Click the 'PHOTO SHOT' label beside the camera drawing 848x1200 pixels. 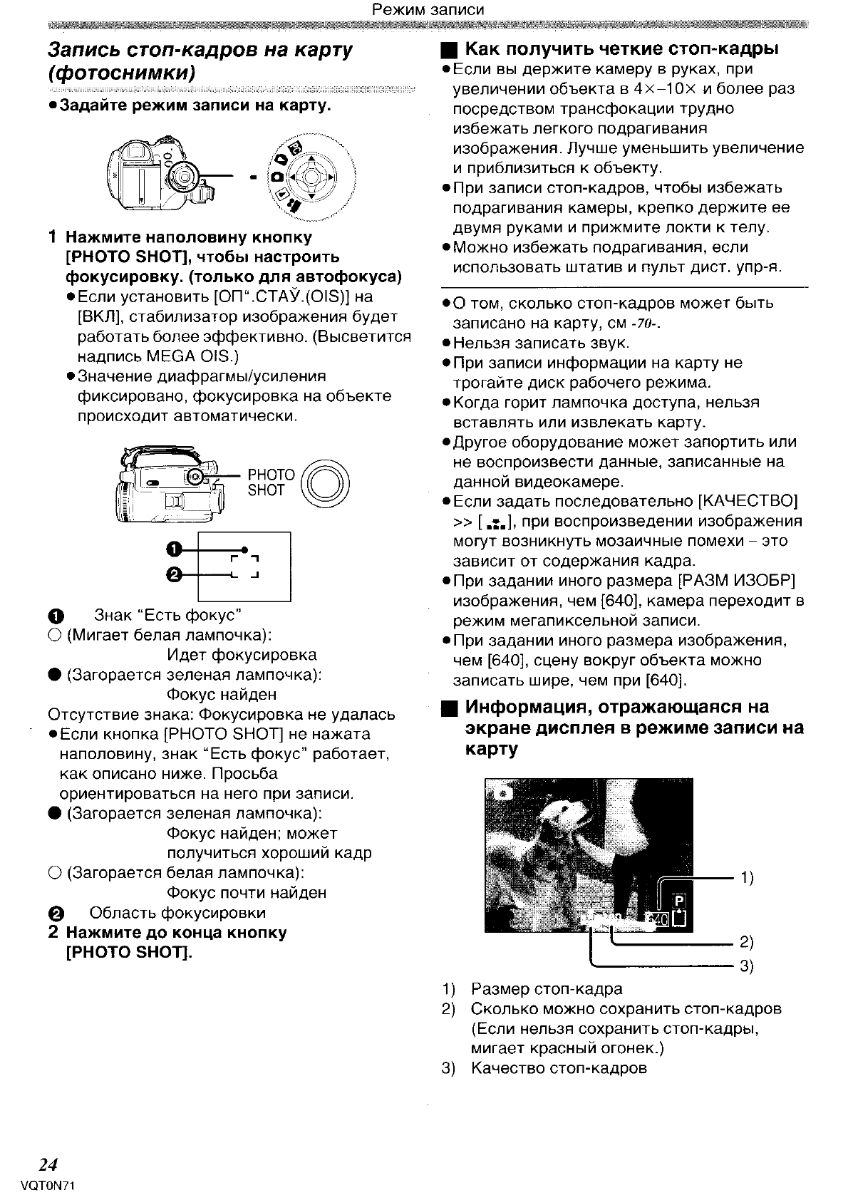coord(271,482)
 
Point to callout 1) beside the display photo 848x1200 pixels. coord(748,878)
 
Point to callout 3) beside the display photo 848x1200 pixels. coord(748,966)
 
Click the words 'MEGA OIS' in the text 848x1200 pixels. coord(187,356)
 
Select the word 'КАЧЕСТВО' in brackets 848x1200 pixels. coord(750,501)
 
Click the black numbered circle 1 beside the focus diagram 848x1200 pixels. coord(175,549)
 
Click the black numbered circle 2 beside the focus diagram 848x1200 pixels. coord(175,574)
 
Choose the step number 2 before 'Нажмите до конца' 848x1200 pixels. coord(53,933)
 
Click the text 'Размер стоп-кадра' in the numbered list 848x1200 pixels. coord(547,989)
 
